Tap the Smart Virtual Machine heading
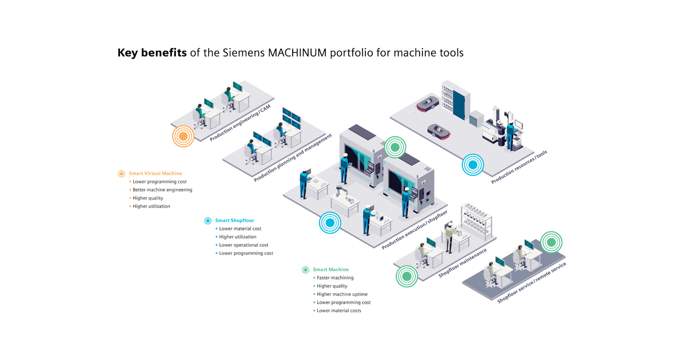155,173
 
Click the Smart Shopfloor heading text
234,220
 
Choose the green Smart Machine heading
330,269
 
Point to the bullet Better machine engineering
162,190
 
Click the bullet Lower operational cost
244,245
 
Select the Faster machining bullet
335,278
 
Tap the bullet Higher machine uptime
342,294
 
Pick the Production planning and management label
293,158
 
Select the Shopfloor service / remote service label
532,283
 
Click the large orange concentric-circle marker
183,137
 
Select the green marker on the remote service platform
551,242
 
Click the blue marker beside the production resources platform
472,165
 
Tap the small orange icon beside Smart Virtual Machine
121,174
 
